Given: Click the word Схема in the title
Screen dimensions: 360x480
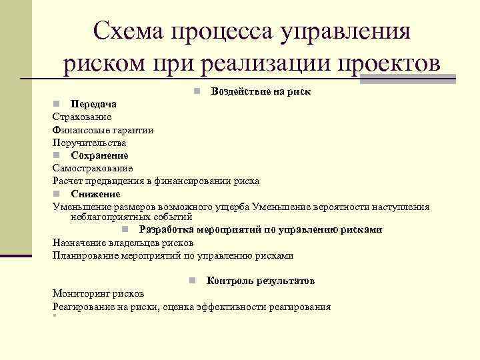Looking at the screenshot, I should (127, 31).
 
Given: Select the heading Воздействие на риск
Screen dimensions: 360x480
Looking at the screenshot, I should (261, 91).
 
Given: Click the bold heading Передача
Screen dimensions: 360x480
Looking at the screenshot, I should (94, 104).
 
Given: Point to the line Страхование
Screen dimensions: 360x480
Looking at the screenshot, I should (82, 117).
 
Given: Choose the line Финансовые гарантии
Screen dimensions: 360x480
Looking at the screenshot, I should (103, 130).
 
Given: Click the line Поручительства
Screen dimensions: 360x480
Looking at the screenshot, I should (89, 143).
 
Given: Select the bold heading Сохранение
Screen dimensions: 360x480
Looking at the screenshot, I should (100, 155).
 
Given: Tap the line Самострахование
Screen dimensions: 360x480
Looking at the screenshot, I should (93, 168).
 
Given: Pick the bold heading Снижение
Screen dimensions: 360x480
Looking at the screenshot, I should (96, 194).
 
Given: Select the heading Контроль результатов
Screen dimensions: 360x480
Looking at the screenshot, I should (261, 281).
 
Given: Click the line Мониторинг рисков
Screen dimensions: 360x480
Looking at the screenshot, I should (98, 293).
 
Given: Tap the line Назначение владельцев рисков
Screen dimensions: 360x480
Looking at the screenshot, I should (123, 243).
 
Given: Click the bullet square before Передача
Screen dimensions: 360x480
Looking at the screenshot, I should (57, 104).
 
